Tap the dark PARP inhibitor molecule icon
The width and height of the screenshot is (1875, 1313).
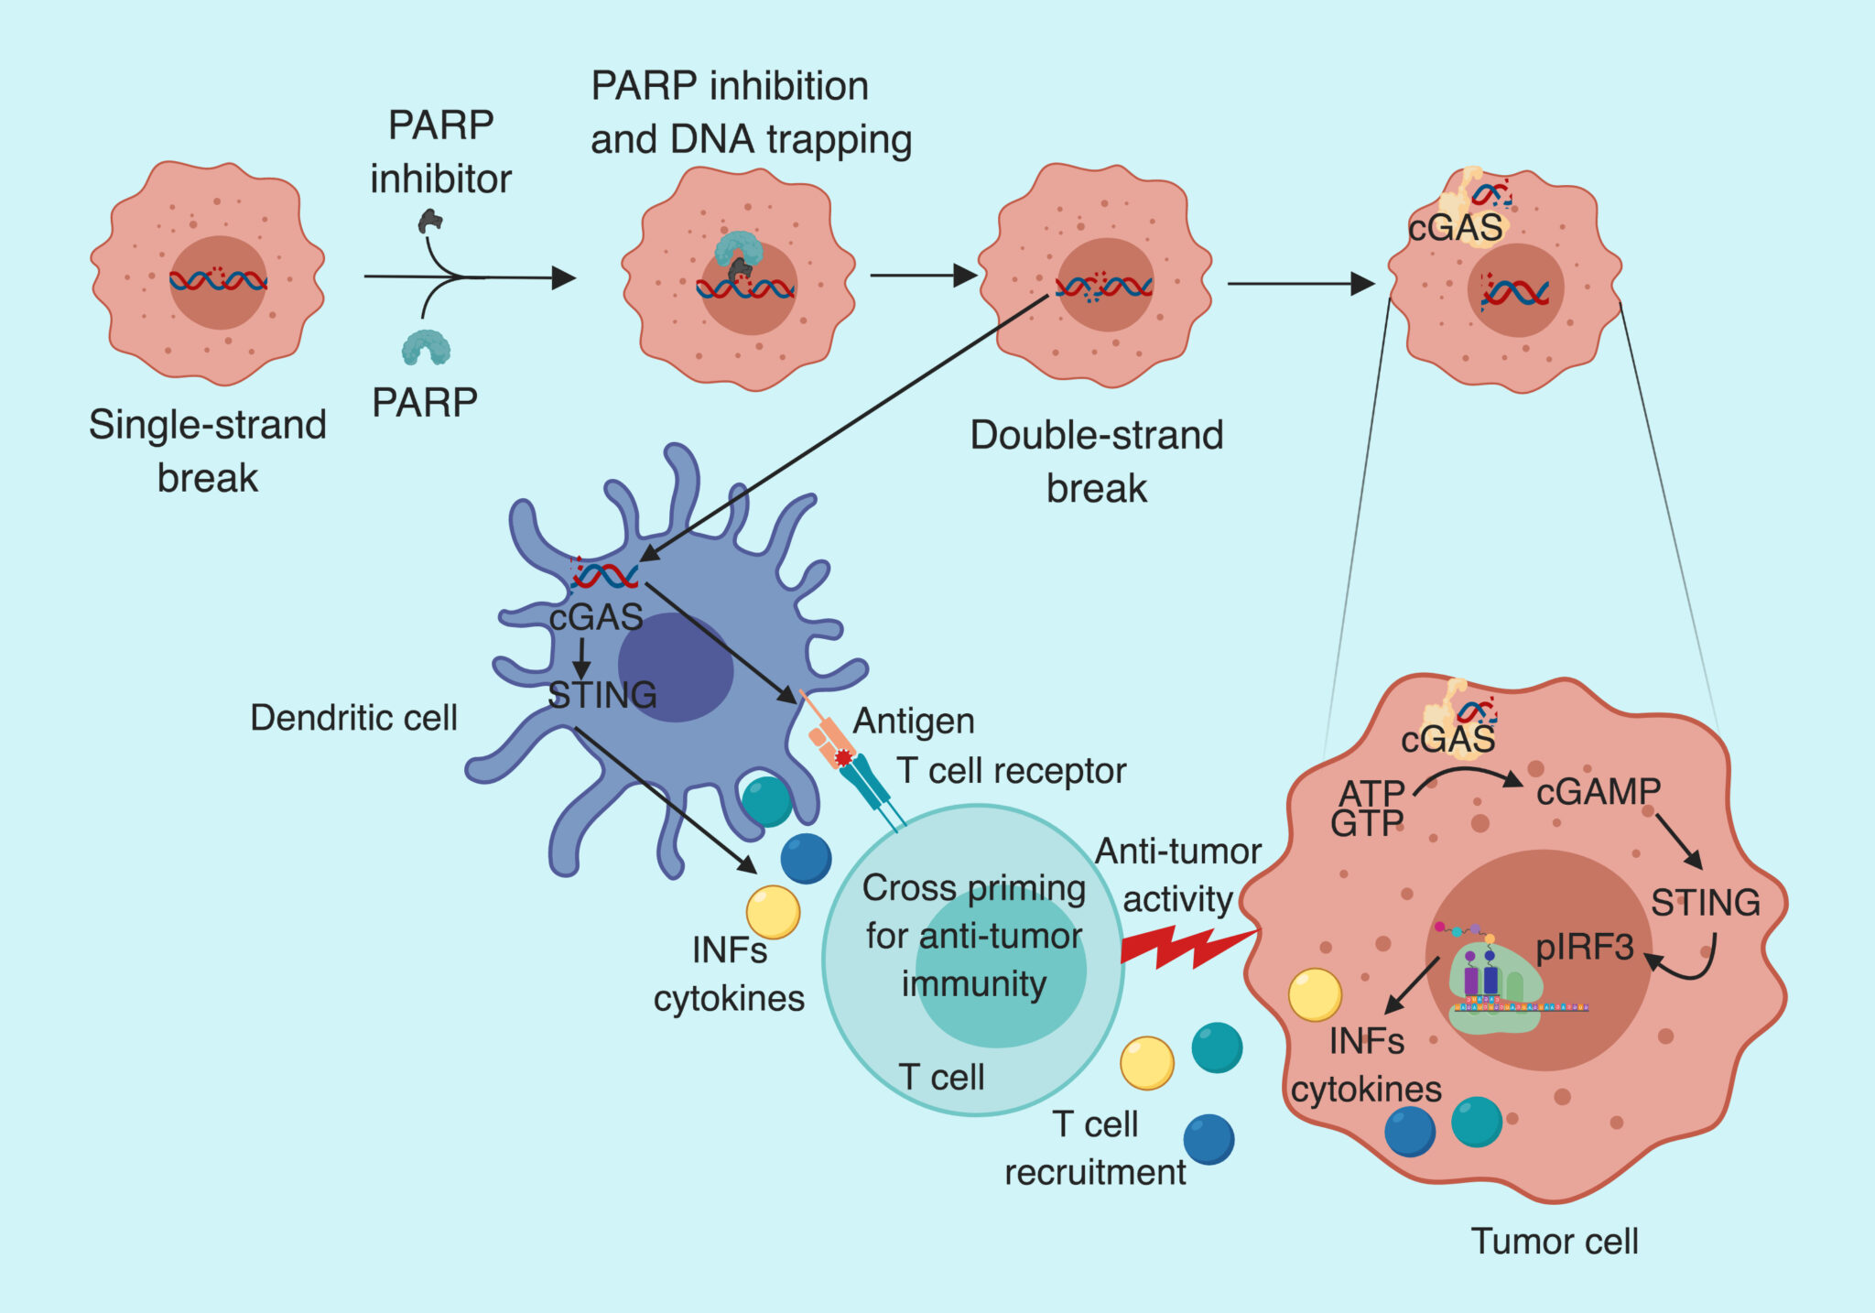tap(431, 221)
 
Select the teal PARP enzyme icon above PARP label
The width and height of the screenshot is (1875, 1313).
tap(426, 347)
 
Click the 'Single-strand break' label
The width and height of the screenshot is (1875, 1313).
tap(208, 450)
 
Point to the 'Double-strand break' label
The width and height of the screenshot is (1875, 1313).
tap(1096, 461)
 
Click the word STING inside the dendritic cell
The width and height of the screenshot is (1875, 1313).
tap(602, 695)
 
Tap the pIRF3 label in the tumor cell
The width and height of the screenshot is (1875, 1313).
tap(1585, 947)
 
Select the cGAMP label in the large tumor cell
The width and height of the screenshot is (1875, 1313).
tap(1598, 792)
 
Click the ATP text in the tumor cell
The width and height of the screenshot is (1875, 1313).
tap(1371, 792)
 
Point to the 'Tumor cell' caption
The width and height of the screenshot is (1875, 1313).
tap(1554, 1241)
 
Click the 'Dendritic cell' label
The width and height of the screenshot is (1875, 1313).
tap(353, 718)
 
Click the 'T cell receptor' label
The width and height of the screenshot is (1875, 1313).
tap(1011, 771)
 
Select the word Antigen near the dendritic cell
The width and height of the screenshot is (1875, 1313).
tap(914, 722)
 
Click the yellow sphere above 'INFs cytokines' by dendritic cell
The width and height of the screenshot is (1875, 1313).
tap(773, 912)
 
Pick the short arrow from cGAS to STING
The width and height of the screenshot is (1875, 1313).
tap(580, 656)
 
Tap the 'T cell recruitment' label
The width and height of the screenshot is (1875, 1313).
tap(1095, 1148)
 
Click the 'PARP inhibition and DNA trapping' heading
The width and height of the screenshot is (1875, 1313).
tap(751, 113)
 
